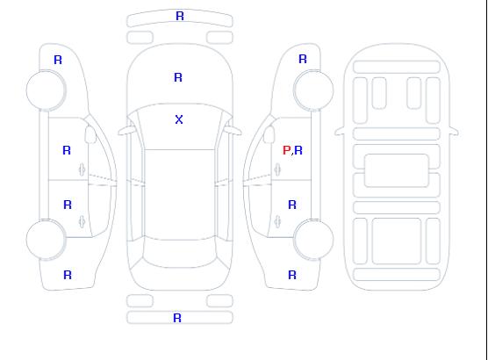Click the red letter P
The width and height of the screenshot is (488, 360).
(286, 150)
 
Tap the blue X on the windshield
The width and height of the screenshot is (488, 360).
(179, 119)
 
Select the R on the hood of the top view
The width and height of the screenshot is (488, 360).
(178, 77)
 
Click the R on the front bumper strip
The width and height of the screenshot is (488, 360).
(180, 16)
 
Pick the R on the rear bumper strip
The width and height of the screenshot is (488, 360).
(177, 318)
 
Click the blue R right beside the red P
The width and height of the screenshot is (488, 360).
(298, 150)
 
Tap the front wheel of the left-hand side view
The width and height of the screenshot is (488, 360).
(46, 90)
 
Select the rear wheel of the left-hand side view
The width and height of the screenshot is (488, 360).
(46, 240)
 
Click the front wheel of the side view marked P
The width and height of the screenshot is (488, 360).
(313, 90)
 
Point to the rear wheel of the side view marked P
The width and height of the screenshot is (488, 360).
(313, 240)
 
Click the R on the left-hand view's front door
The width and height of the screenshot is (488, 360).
(67, 150)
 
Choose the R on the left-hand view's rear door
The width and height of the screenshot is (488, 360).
(68, 205)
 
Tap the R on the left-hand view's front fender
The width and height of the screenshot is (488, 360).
(58, 60)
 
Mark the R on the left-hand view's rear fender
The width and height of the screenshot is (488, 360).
(68, 275)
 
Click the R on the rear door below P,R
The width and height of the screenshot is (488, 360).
(292, 205)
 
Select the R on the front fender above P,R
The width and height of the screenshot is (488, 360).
(303, 59)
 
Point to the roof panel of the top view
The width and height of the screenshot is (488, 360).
(180, 195)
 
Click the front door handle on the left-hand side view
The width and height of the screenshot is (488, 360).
(83, 169)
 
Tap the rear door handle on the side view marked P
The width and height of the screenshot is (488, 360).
(277, 221)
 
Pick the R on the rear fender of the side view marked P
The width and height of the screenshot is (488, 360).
(292, 275)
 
